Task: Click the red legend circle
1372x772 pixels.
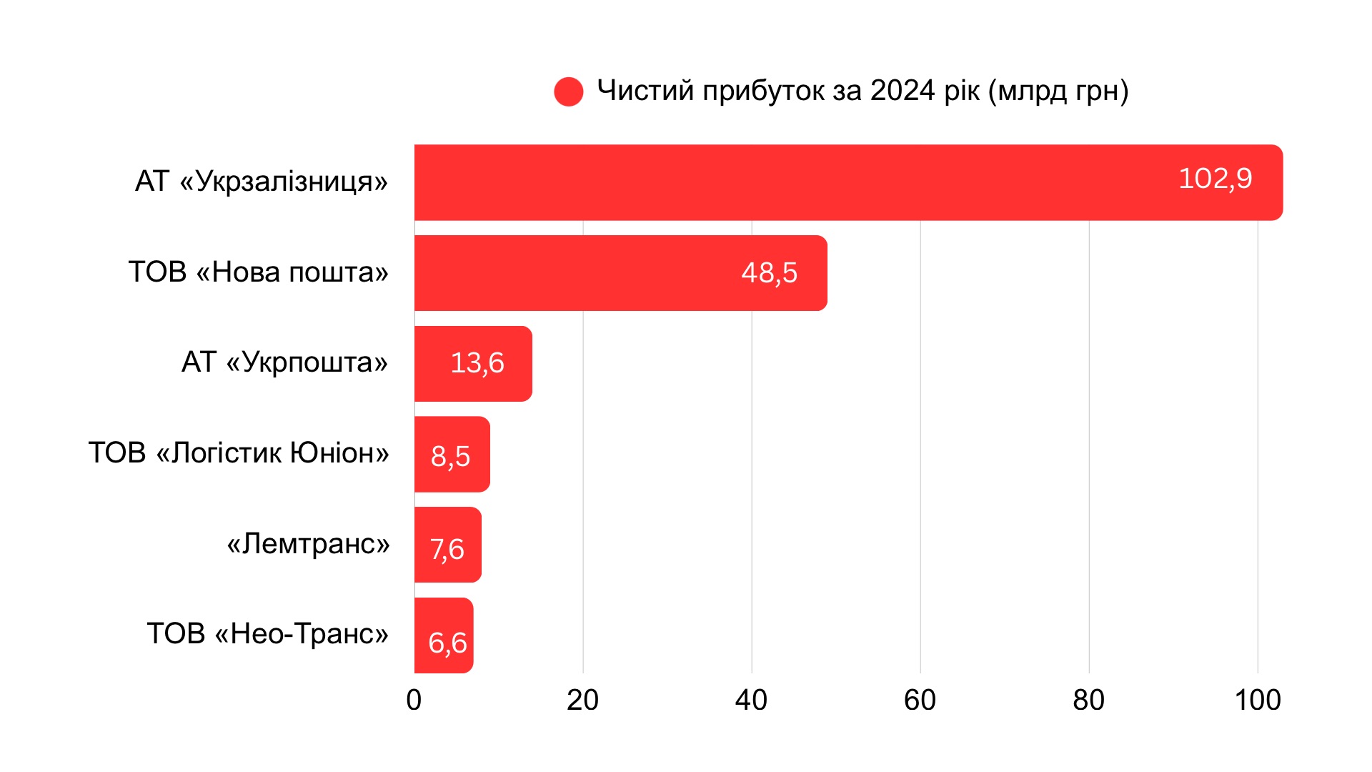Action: [x=569, y=91]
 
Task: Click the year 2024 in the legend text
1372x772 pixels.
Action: [x=903, y=91]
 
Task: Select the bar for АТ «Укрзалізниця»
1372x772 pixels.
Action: [x=786, y=182]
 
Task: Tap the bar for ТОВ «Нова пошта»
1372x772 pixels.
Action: [x=572, y=273]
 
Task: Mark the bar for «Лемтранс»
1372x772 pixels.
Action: [x=422, y=545]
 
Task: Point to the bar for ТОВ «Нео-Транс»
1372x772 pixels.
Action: [x=420, y=635]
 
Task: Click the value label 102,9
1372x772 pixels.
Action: [x=1215, y=179]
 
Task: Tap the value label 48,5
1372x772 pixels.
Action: [x=769, y=273]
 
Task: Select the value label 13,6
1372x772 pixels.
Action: [x=477, y=363]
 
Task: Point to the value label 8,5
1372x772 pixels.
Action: [x=450, y=456]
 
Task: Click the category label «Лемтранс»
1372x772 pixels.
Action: [x=308, y=544]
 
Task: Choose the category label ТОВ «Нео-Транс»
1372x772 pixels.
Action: [x=267, y=634]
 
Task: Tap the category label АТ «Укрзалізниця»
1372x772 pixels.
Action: [x=261, y=182]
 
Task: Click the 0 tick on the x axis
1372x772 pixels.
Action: [x=414, y=701]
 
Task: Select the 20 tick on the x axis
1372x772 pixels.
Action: [x=582, y=701]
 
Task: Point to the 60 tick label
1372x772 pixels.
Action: [x=920, y=701]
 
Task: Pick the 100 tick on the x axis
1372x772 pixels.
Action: [x=1258, y=701]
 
